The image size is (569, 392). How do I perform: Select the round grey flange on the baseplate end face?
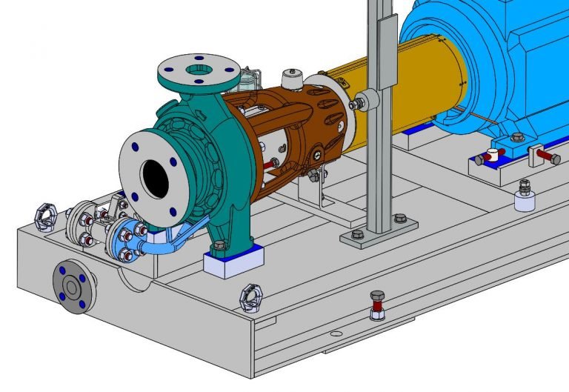pyautogui.click(x=73, y=286)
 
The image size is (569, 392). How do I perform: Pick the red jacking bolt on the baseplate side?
pyautogui.click(x=377, y=305)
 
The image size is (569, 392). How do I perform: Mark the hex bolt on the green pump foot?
pyautogui.click(x=218, y=245)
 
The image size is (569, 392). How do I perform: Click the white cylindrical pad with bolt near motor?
pyautogui.click(x=525, y=197)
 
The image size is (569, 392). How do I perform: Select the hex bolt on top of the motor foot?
pyautogui.click(x=517, y=137)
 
